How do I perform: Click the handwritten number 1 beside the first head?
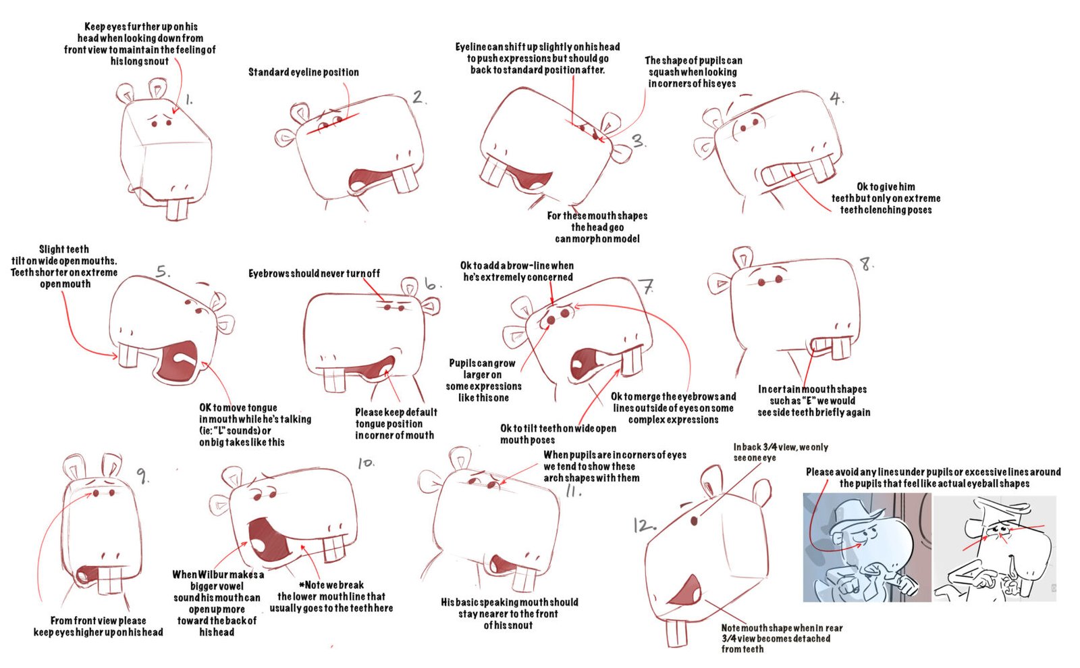tap(189, 100)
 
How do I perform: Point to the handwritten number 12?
tap(644, 525)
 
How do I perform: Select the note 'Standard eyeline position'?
tap(304, 72)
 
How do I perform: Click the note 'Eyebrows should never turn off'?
tap(314, 274)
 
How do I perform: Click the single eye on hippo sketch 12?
tap(695, 521)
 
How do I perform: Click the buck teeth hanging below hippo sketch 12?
tap(677, 634)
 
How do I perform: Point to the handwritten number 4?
tap(836, 99)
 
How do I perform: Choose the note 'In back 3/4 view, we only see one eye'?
tap(780, 453)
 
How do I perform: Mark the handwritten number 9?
tap(142, 476)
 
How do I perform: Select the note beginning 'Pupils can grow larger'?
tap(483, 380)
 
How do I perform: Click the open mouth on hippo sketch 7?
tap(588, 364)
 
